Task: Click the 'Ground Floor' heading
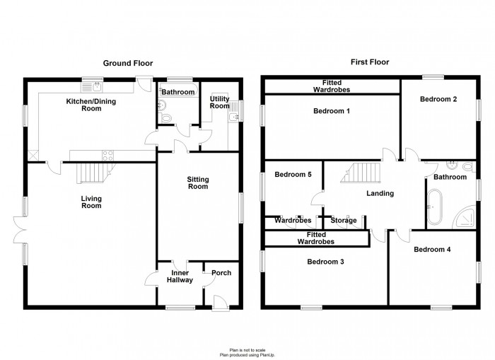coord(128,63)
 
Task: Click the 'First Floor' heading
coord(368,62)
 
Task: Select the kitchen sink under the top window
coord(93,87)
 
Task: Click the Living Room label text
coord(91,202)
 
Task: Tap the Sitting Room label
coord(197,182)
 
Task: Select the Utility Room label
coord(219,102)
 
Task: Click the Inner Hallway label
coord(180,276)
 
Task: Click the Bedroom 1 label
coord(332,112)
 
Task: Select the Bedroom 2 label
coord(438,100)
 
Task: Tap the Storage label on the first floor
coord(344,221)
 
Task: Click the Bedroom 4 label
coord(432,250)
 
